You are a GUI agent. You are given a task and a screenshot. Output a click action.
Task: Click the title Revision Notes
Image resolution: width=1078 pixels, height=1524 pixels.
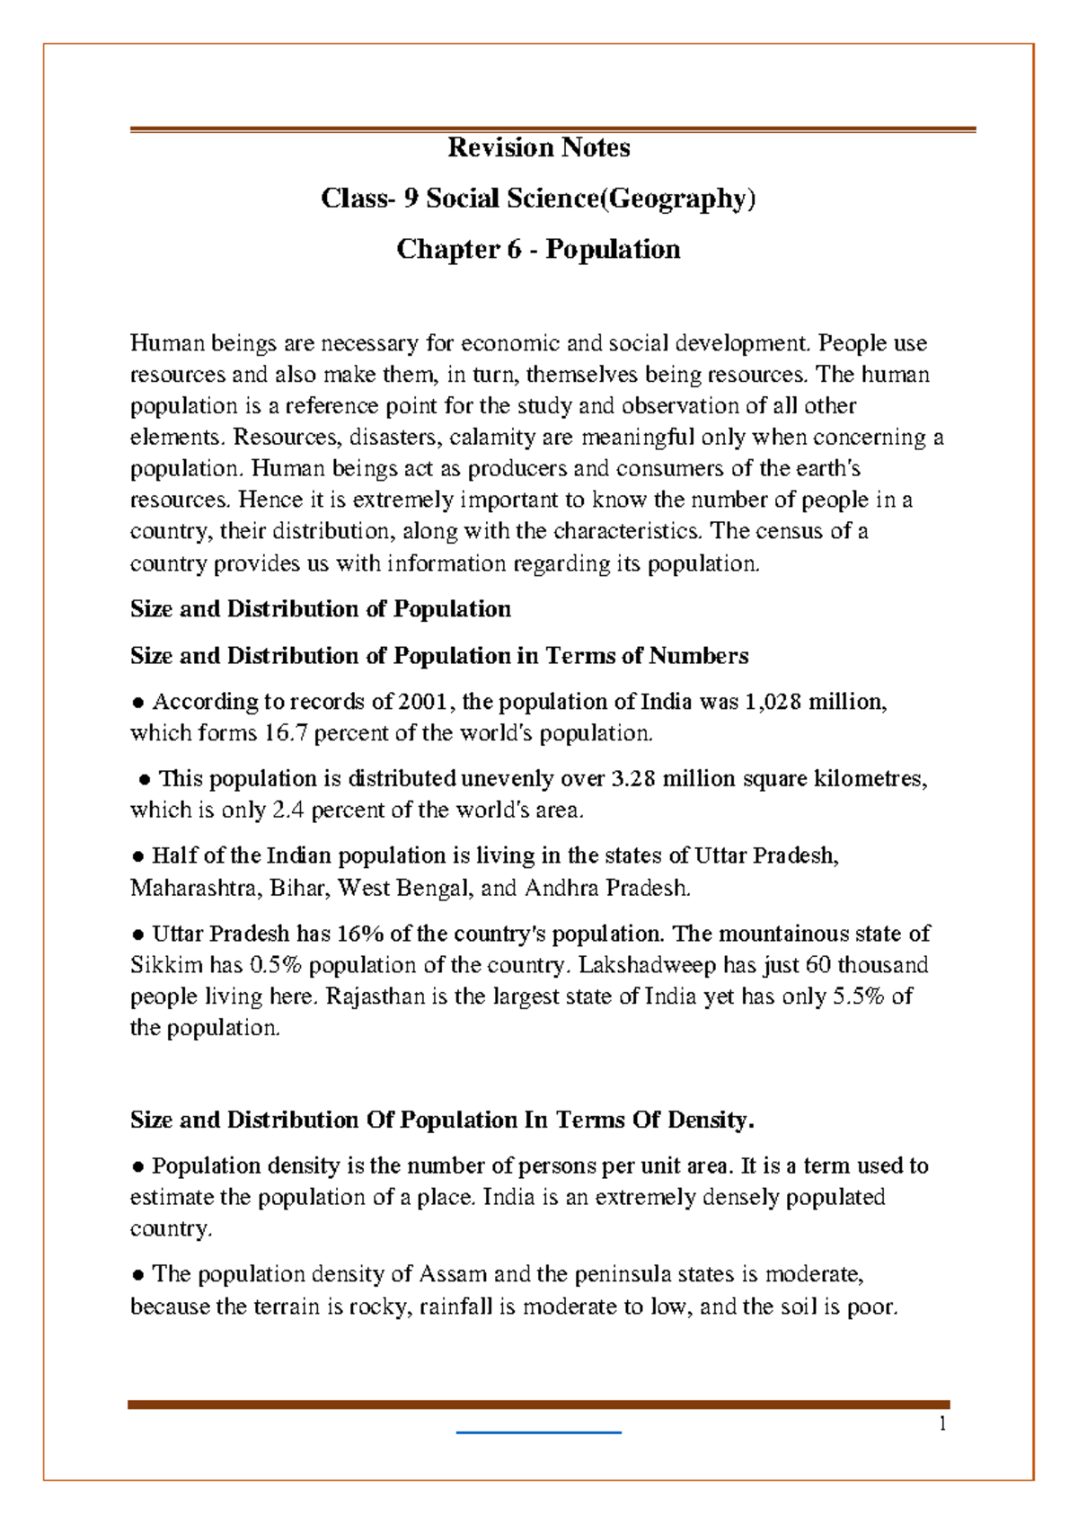[539, 147]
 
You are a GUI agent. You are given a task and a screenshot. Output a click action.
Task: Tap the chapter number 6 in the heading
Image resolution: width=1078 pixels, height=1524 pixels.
[513, 249]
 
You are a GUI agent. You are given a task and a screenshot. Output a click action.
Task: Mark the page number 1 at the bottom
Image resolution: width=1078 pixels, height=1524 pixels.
[942, 1423]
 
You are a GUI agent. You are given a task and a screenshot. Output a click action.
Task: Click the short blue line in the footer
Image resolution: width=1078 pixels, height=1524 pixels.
[539, 1432]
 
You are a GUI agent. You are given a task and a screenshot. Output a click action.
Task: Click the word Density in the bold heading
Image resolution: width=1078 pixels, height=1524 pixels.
[705, 1121]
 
